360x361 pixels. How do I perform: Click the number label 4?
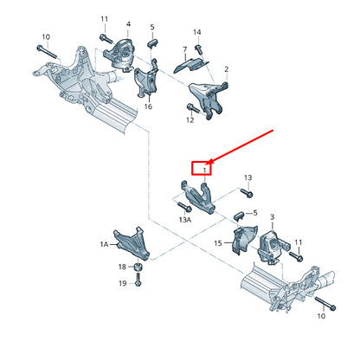point(128,24)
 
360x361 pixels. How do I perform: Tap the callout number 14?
point(197,32)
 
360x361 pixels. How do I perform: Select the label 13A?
point(185,220)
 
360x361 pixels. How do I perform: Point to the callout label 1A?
point(104,244)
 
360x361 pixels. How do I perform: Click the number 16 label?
point(148,106)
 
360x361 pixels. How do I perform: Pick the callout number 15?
point(218,243)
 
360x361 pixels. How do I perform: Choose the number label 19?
point(123,283)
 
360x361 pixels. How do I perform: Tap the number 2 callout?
point(227,69)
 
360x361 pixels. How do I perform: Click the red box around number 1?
point(202,168)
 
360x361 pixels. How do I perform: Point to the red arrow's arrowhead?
point(211,161)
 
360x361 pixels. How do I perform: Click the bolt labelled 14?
point(199,48)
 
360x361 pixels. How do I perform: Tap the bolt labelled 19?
point(138,280)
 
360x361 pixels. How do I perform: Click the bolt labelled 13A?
point(183,207)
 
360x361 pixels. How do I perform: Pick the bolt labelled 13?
point(247,193)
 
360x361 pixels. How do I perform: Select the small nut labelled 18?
point(138,267)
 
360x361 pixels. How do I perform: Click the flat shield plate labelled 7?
point(191,65)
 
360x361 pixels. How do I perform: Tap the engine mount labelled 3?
point(272,247)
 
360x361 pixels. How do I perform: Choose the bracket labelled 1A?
point(132,243)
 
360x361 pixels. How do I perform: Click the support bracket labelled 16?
point(146,80)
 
